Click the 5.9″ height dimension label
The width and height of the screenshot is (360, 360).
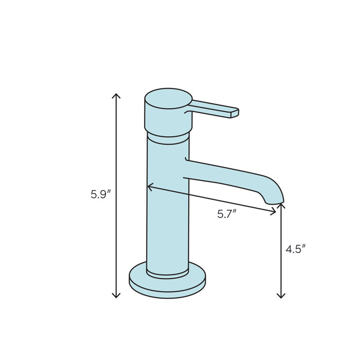(101, 194)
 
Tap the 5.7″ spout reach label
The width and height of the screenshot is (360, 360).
(226, 214)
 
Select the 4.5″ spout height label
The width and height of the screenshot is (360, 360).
(296, 249)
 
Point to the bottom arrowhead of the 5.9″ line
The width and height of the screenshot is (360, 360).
(116, 296)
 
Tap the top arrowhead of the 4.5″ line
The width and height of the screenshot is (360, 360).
(281, 205)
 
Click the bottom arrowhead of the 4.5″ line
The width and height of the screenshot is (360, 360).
(281, 296)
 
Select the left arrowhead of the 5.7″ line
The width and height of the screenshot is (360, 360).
(149, 186)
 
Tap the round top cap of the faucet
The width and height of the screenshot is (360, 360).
(168, 98)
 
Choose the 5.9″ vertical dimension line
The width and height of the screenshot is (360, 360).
(116, 154)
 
